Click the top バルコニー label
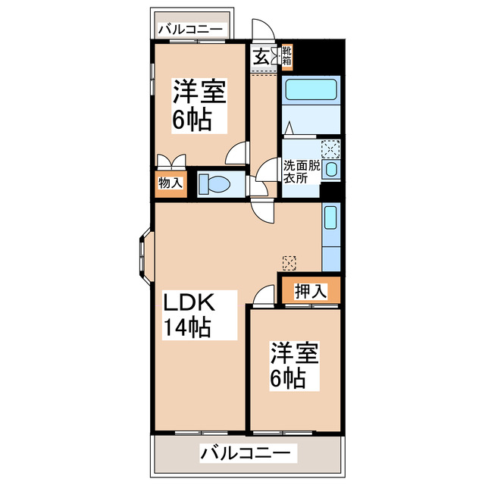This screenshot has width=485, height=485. pyautogui.click(x=191, y=30)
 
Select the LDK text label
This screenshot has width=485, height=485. pyautogui.click(x=192, y=303)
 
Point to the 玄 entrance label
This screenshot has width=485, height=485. pyautogui.click(x=260, y=56)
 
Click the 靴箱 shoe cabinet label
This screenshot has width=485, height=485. pyautogui.click(x=287, y=56)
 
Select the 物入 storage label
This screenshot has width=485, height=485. pyautogui.click(x=170, y=183)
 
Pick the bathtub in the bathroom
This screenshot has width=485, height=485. pyautogui.click(x=311, y=92)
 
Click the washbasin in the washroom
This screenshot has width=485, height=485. pyautogui.click(x=331, y=170)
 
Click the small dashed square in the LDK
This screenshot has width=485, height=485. pyautogui.click(x=289, y=262)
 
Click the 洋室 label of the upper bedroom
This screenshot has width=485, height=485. pyautogui.click(x=199, y=92)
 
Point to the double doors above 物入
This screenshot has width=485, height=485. pyautogui.click(x=170, y=161)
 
